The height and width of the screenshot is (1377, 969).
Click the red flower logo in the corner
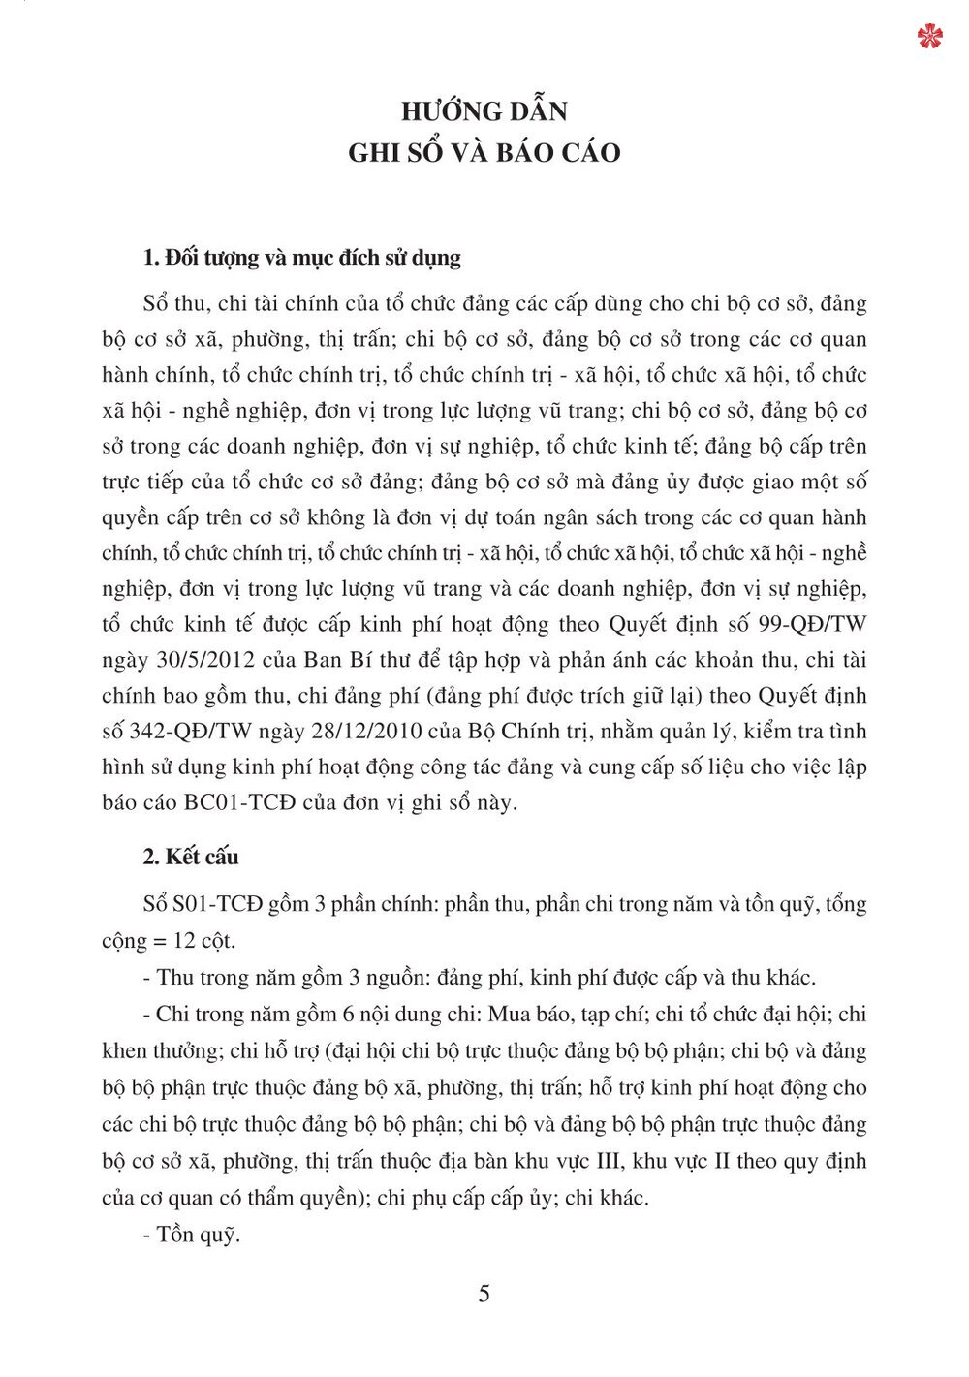(929, 37)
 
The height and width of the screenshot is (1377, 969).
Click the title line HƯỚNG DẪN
(484, 111)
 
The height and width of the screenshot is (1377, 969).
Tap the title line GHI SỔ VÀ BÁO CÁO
(484, 153)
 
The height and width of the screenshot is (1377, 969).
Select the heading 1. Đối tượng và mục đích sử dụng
(301, 258)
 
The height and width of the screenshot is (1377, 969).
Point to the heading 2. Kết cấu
(190, 857)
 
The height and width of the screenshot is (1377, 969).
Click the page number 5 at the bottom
(484, 1294)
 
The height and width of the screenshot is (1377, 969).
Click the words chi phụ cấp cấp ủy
(464, 1198)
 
